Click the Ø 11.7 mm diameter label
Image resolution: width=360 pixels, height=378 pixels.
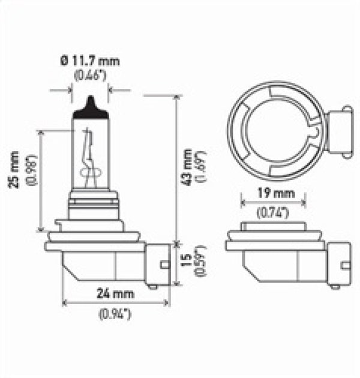[x=91, y=60]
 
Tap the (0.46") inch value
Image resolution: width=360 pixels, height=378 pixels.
[x=90, y=74]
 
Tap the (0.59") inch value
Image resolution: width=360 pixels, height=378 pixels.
[x=202, y=262]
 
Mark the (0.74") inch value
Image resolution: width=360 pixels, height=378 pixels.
[x=273, y=211]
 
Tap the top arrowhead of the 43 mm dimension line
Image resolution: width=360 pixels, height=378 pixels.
[x=176, y=98]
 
